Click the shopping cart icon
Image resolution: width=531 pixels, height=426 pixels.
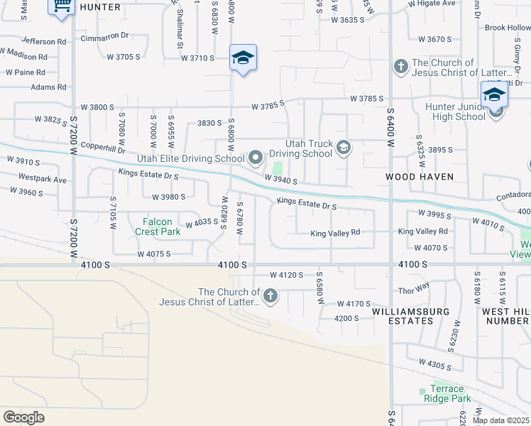[62, 6]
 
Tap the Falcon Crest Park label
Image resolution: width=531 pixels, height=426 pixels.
[156, 226]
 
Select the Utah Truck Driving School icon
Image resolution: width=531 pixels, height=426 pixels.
[344, 148]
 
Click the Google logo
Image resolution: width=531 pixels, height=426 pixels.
[23, 417]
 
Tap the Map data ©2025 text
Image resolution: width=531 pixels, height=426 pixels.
[500, 420]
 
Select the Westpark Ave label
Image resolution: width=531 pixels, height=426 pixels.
[43, 180]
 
